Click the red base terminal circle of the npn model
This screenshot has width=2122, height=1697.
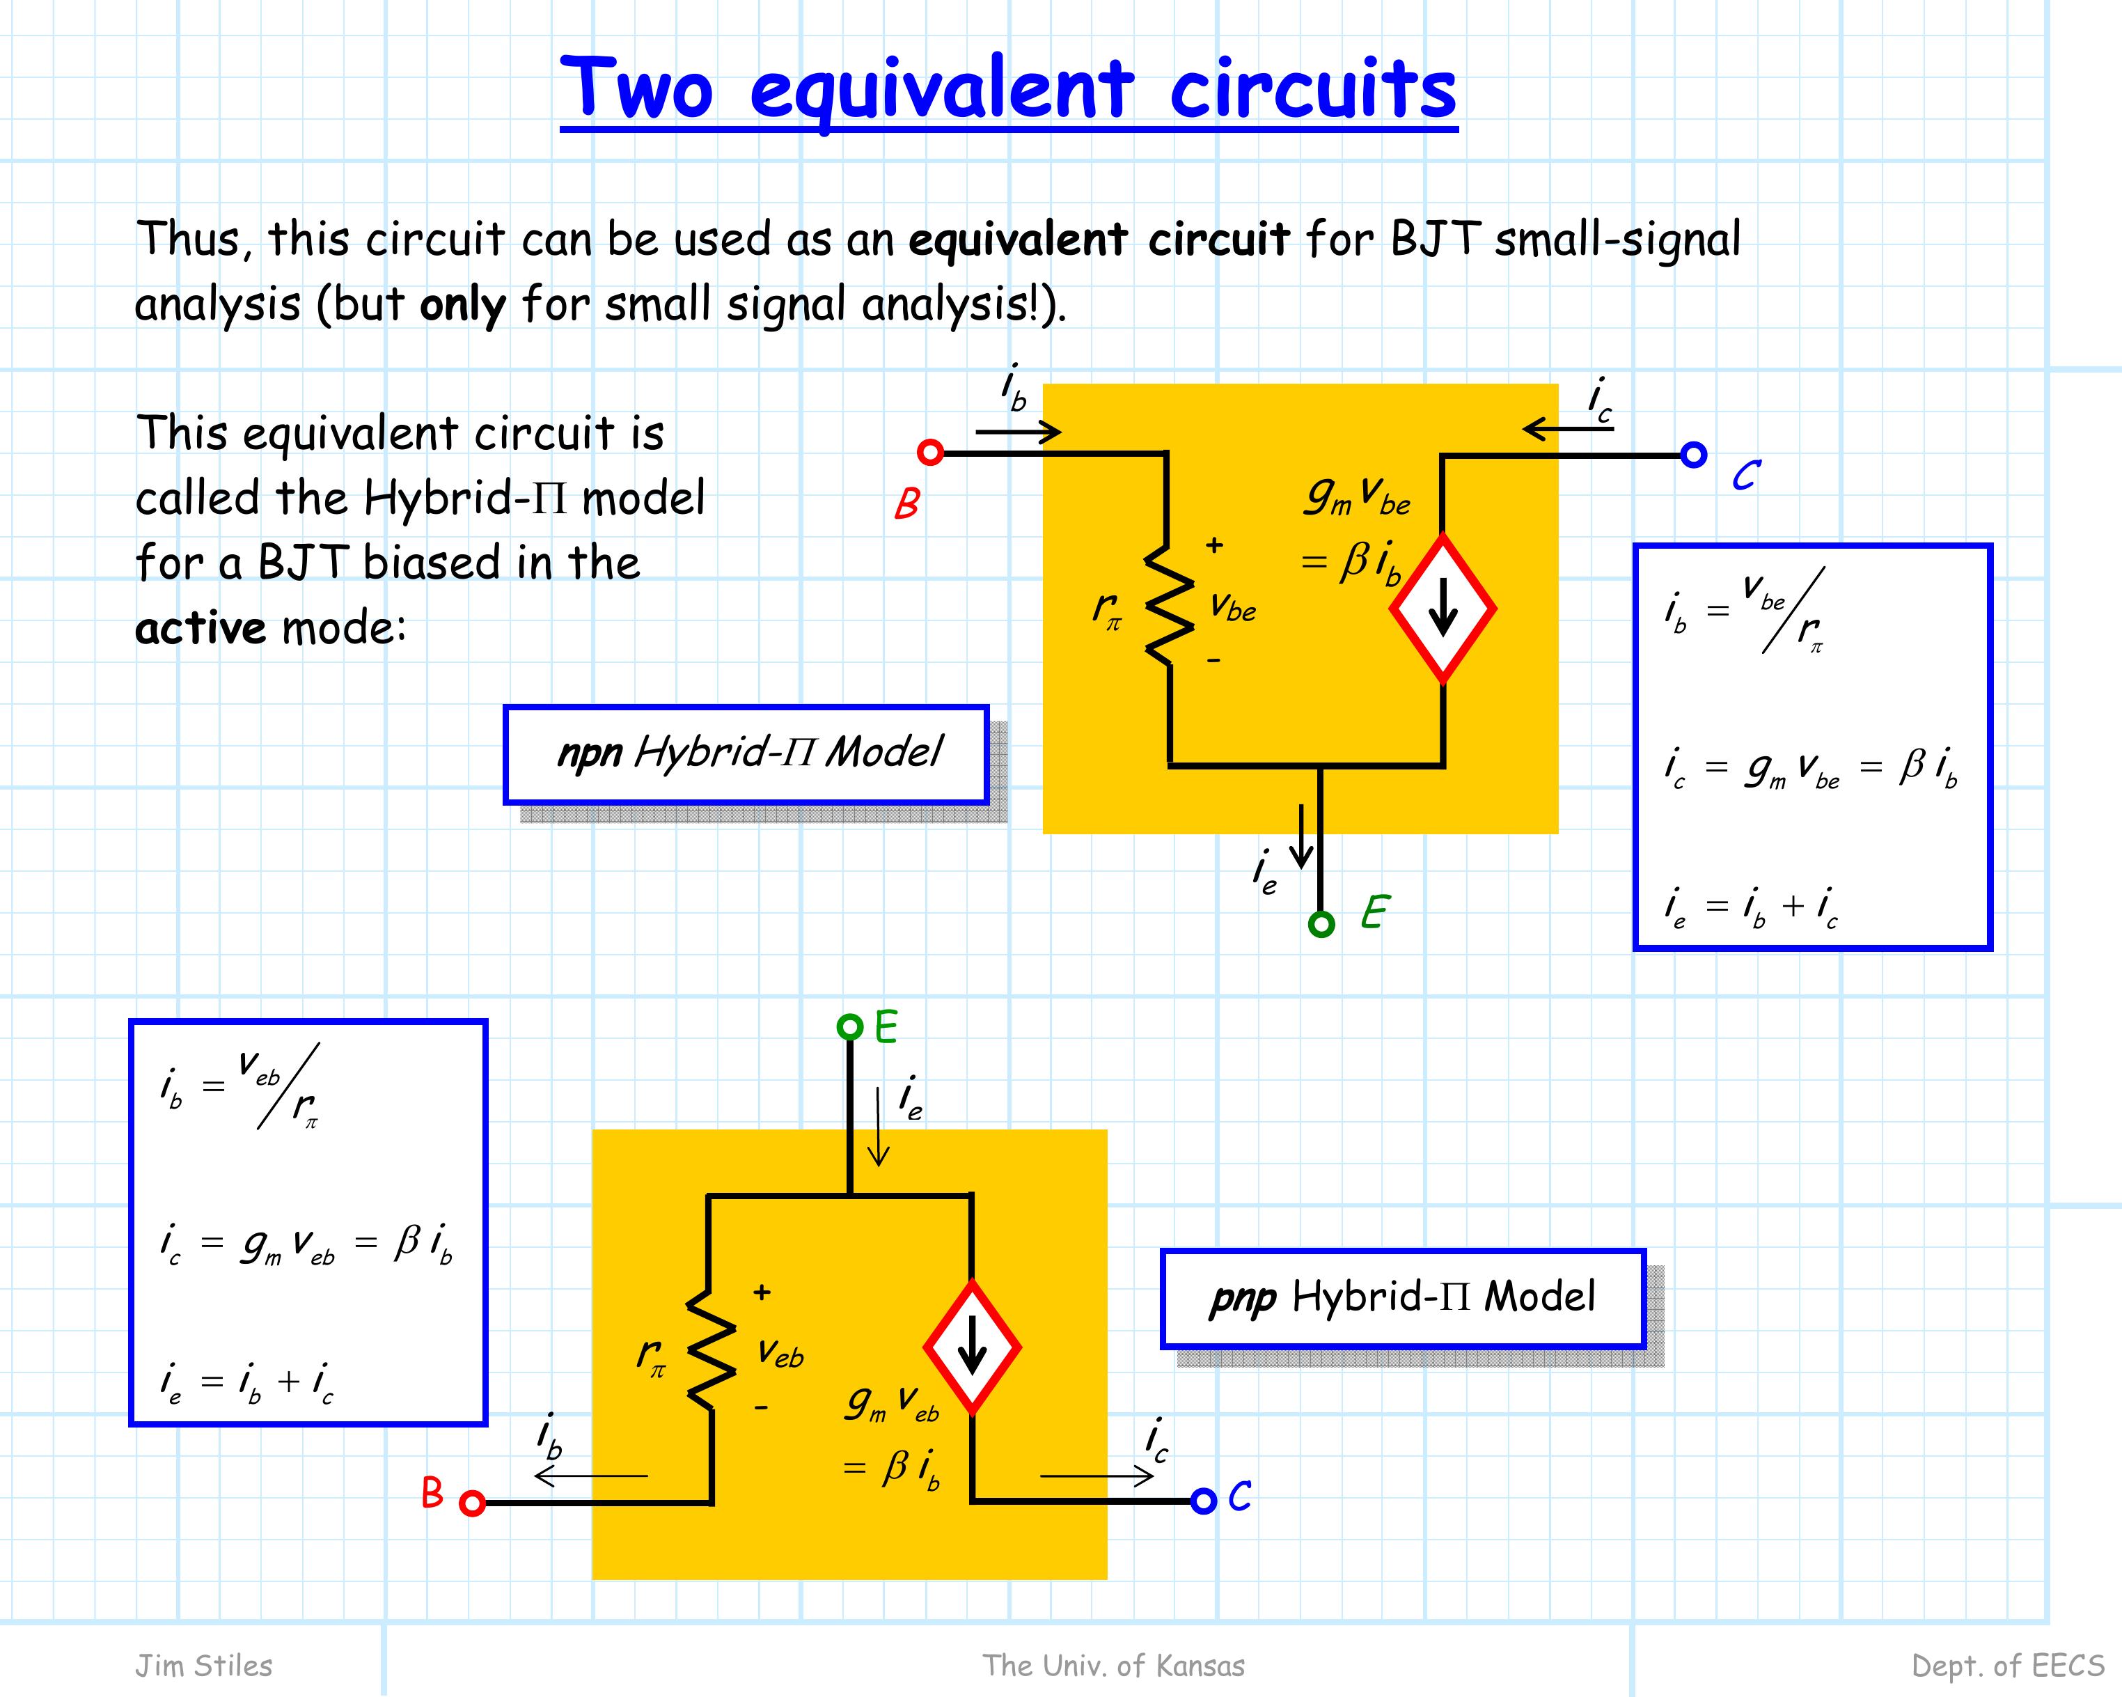930,452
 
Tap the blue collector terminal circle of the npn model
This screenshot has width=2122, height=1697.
1693,455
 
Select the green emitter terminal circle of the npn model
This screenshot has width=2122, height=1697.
1322,923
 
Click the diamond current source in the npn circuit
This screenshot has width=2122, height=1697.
1443,609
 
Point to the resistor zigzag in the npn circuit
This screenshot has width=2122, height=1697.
1168,607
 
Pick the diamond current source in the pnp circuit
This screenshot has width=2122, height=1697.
973,1347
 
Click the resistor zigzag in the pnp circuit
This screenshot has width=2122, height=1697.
711,1349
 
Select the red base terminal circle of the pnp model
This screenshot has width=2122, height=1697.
473,1503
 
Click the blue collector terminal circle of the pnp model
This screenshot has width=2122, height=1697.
1204,1501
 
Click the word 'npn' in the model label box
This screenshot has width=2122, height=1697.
590,753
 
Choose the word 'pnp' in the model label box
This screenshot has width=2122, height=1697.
1243,1299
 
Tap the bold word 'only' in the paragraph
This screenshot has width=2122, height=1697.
462,305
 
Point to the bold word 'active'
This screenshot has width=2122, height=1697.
201,627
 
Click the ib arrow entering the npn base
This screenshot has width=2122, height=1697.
1019,431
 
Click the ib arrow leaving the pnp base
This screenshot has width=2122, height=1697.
590,1476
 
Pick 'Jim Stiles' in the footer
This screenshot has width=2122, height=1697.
204,1666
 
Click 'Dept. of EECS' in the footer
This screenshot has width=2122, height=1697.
2008,1666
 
